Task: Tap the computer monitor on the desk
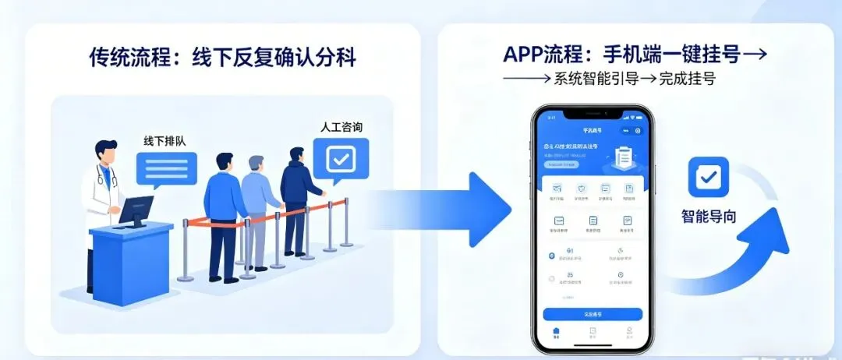coord(137,210)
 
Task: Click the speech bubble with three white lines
coord(166,168)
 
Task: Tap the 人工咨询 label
coord(341,126)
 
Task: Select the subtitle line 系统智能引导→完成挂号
coord(608,79)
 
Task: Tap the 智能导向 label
coord(708,217)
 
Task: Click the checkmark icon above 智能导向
coord(708,177)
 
